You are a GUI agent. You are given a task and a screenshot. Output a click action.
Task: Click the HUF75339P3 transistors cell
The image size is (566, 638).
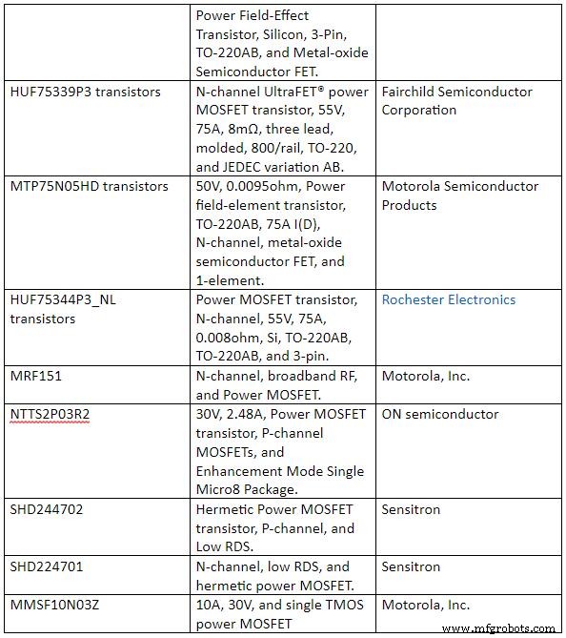point(85,92)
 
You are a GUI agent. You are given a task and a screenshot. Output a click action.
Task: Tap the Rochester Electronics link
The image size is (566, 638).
point(449,299)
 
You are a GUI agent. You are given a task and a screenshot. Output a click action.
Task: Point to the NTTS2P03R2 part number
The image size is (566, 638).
point(51,414)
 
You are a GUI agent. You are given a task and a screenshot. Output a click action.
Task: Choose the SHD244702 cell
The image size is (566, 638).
point(47,509)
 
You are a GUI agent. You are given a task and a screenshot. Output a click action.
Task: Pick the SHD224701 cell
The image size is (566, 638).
point(47,566)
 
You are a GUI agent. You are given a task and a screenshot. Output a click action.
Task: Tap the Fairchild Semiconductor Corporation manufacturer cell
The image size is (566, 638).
point(457,100)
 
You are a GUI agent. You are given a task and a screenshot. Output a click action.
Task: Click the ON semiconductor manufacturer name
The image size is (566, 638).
point(440,414)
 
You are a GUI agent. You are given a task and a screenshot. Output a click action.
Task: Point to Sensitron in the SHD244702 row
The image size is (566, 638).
point(411,509)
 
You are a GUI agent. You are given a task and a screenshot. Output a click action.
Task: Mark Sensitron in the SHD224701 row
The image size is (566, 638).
point(411,566)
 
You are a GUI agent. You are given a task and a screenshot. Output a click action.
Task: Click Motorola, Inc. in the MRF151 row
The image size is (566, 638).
point(426,376)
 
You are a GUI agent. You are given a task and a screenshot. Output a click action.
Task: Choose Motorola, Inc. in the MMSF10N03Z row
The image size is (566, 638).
point(426,605)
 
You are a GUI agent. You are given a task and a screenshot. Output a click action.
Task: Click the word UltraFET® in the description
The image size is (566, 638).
point(292,92)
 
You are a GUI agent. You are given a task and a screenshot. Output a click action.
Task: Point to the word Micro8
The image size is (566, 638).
point(221,490)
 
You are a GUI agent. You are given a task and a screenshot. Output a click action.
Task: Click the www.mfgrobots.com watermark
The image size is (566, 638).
point(499,628)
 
